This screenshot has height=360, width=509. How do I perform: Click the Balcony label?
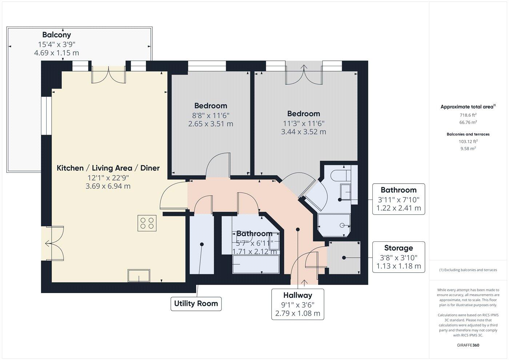(56, 35)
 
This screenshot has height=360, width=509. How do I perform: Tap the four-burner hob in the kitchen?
(147, 223)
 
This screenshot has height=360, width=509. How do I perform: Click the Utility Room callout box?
(196, 304)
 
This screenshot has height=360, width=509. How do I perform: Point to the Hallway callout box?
(298, 304)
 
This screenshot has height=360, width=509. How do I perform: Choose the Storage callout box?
(398, 257)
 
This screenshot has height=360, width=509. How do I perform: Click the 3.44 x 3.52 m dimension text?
(303, 132)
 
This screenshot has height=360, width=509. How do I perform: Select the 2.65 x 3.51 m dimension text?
(211, 124)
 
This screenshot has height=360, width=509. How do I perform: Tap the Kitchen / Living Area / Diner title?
(108, 168)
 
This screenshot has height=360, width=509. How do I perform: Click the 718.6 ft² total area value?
(468, 115)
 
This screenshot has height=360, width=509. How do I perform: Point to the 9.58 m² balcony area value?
(468, 148)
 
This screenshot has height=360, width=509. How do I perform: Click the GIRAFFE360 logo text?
(468, 345)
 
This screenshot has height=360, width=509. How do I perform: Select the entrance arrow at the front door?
(304, 282)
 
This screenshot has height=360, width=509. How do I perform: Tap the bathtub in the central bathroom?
(256, 264)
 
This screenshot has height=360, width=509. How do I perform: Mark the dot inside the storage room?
(344, 258)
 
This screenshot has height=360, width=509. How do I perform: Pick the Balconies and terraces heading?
(468, 134)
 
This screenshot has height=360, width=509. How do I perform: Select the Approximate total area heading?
(467, 107)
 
